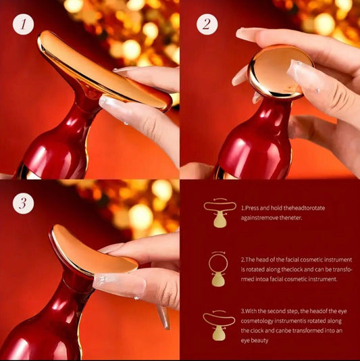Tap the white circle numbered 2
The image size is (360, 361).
coord(207,25)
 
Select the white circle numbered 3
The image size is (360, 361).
coord(25,203)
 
